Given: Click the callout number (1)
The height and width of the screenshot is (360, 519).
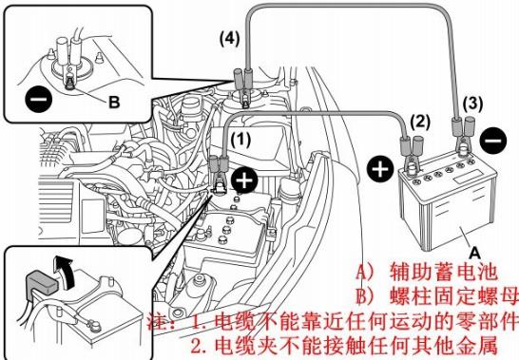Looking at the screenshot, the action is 240,140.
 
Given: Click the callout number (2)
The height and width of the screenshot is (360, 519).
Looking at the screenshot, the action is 420,122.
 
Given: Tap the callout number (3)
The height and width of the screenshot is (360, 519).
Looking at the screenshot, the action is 472,104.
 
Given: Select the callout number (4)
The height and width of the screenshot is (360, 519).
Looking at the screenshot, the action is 229,39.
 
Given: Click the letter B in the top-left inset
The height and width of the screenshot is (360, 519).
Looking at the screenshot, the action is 114,102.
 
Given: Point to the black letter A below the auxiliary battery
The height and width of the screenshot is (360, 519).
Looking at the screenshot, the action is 475,253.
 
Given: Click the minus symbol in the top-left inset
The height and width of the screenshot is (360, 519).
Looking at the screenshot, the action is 38,99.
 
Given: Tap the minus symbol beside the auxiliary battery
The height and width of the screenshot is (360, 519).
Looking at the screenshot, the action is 493,141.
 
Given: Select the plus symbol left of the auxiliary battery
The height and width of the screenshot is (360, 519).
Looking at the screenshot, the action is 380,169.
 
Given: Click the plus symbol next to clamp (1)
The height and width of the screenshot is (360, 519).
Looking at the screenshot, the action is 244,180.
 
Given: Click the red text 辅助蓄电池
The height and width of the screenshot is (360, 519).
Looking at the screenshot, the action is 444,272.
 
